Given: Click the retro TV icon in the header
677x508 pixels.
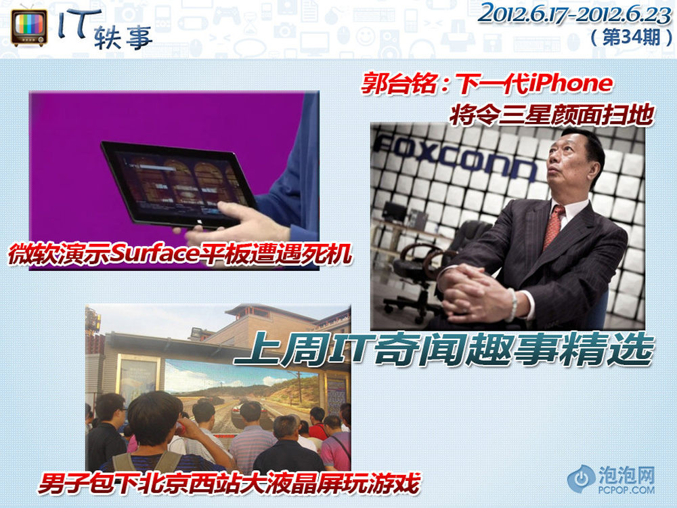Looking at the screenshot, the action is (x=29, y=27).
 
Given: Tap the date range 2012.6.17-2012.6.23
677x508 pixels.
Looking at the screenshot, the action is (x=574, y=15).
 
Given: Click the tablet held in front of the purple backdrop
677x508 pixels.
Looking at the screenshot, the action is (x=179, y=184).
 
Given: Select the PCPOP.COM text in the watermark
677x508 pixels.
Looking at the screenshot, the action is (x=626, y=490).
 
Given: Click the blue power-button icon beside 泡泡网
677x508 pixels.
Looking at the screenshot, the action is (x=582, y=479).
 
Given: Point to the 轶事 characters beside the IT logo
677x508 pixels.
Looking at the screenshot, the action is (x=122, y=37).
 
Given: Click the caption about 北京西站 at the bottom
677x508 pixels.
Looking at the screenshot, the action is (x=229, y=483).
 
